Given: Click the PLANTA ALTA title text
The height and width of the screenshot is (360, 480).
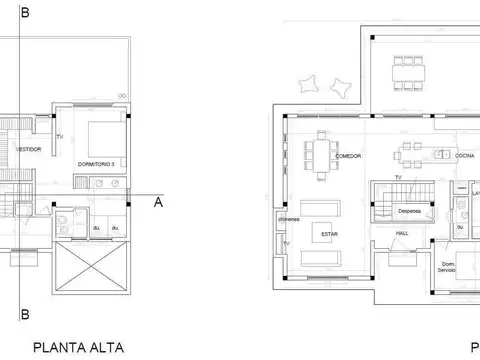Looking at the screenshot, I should point(79,348).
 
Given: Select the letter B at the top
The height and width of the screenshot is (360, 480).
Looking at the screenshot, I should point(24,12).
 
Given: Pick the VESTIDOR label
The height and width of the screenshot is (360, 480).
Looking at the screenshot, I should point(29,149).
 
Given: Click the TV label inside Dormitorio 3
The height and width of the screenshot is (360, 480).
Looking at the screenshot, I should point(60,136).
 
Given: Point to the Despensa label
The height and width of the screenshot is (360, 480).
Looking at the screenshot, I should point(409,211).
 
